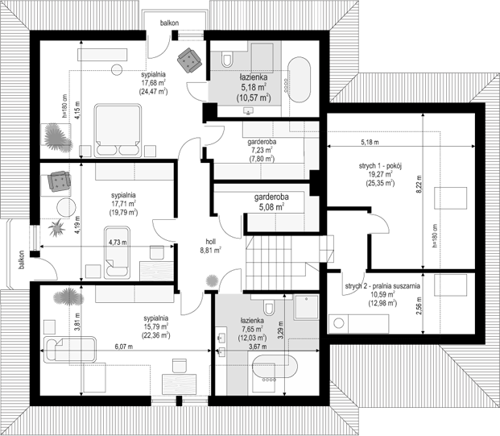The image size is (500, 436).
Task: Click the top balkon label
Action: pyautogui.click(x=169, y=23)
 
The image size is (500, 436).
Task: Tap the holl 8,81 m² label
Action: pyautogui.click(x=211, y=246)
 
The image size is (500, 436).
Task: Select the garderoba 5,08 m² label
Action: pyautogui.click(x=271, y=202)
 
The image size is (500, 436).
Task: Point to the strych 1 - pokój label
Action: pyautogui.click(x=380, y=166)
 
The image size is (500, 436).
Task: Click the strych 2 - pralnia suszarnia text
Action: pyautogui.click(x=382, y=286)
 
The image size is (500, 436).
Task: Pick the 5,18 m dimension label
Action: pyautogui.click(x=370, y=143)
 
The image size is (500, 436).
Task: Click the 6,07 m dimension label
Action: pyautogui.click(x=125, y=347)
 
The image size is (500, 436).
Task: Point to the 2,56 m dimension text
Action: pyautogui.click(x=419, y=306)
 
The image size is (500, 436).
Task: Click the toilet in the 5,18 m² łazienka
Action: pyautogui.click(x=227, y=58)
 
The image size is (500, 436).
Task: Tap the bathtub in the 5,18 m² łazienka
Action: pyautogui.click(x=299, y=80)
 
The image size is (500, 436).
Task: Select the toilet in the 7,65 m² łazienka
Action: pyautogui.click(x=269, y=307)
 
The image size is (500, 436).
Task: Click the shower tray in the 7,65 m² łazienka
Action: pyautogui.click(x=307, y=307)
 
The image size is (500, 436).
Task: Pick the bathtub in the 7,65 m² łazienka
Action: pyautogui.click(x=275, y=368)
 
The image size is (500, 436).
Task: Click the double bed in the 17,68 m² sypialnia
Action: pyautogui.click(x=118, y=131)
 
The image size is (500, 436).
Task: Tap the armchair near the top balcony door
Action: pyautogui.click(x=189, y=60)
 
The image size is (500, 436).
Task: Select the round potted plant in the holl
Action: pyautogui.click(x=212, y=281)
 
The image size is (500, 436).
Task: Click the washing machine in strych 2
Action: pyautogui.click(x=338, y=323)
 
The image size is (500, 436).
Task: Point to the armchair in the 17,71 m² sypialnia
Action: pyautogui.click(x=59, y=181)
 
